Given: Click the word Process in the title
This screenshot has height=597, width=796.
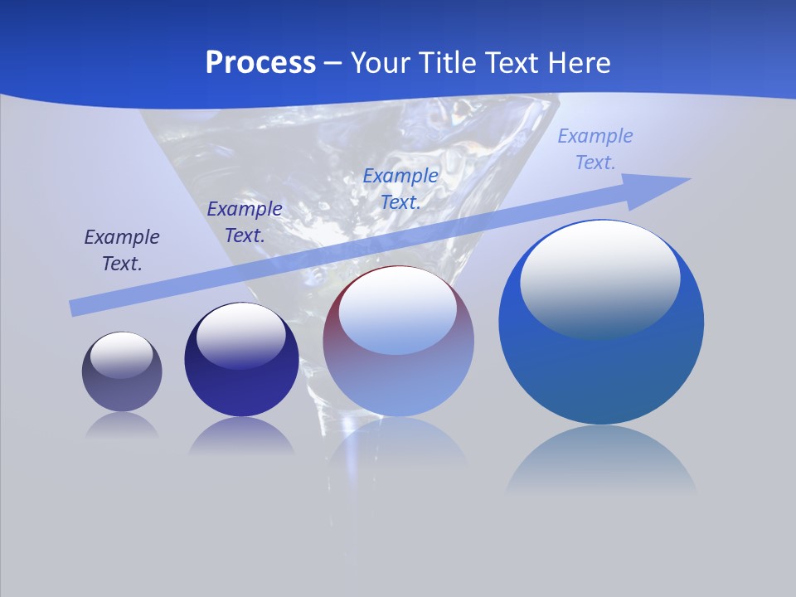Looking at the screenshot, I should (260, 63).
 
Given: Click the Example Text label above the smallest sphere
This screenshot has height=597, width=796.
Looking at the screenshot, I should (122, 250).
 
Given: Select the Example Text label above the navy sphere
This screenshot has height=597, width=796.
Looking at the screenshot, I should (245, 222).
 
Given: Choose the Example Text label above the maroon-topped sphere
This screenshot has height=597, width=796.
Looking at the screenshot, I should (400, 188).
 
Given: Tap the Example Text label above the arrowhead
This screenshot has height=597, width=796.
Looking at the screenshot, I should (595, 149).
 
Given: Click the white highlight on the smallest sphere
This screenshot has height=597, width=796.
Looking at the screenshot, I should (122, 355).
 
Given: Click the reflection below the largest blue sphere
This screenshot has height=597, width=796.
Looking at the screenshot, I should (601, 460).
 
